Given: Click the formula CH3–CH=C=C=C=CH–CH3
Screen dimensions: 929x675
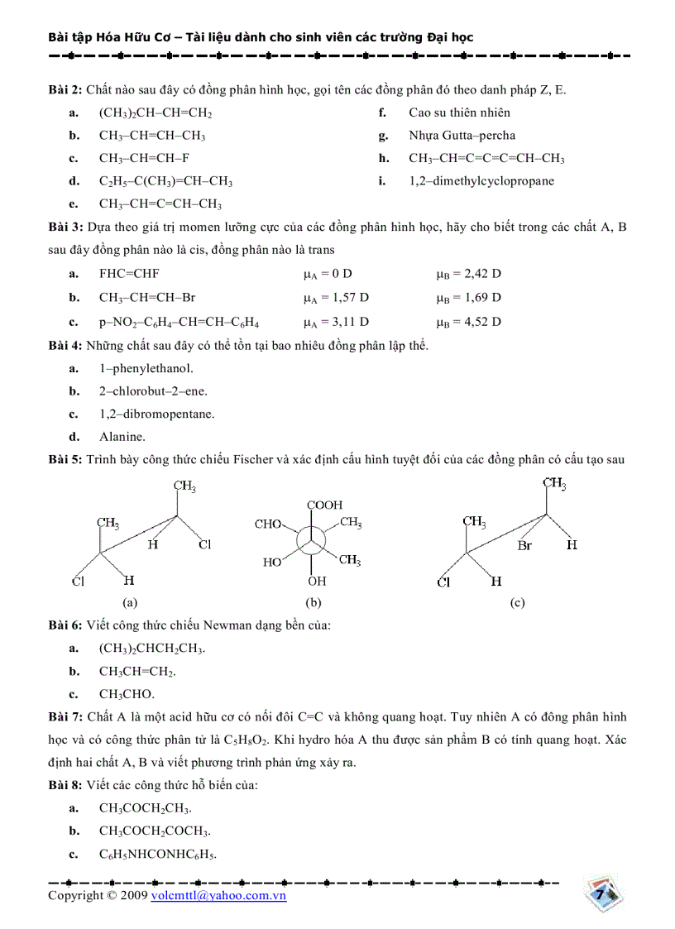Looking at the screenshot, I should coord(486,158).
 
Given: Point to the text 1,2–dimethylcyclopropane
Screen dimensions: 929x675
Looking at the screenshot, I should coord(481,181).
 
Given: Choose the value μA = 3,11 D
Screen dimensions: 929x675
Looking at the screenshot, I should coord(336,321).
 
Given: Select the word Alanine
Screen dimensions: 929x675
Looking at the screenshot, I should coord(122,437).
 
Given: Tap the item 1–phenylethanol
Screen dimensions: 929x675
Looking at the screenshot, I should coord(146,368).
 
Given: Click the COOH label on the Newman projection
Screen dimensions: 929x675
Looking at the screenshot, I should coord(324,505).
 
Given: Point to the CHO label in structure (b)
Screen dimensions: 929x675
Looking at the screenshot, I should coord(268,524).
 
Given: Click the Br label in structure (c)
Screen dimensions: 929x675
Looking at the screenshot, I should coord(524,546).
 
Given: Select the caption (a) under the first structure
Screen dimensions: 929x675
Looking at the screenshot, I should coord(129,603).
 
